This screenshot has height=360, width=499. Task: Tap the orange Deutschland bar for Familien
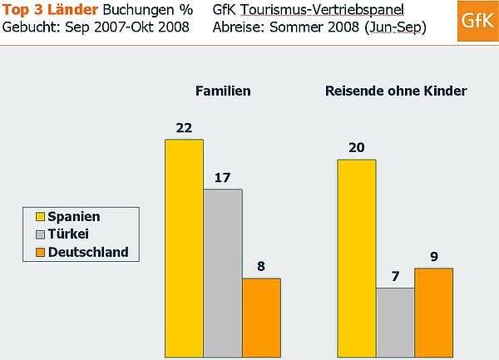pyautogui.click(x=261, y=317)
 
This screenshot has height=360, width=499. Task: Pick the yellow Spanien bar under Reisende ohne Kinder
pyautogui.click(x=356, y=258)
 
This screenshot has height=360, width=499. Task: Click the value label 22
pyautogui.click(x=184, y=127)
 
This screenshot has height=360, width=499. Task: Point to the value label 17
pyautogui.click(x=223, y=177)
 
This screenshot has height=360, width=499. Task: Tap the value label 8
pyautogui.click(x=261, y=266)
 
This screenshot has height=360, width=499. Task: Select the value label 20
pyautogui.click(x=356, y=147)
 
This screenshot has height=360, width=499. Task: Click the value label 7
pyautogui.click(x=395, y=275)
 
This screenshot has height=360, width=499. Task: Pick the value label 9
pyautogui.click(x=433, y=256)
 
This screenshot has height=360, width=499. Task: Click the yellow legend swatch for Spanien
pyautogui.click(x=38, y=217)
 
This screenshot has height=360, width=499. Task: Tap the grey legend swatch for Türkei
pyautogui.click(x=38, y=234)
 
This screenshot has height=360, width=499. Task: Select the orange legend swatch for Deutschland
pyautogui.click(x=38, y=252)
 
